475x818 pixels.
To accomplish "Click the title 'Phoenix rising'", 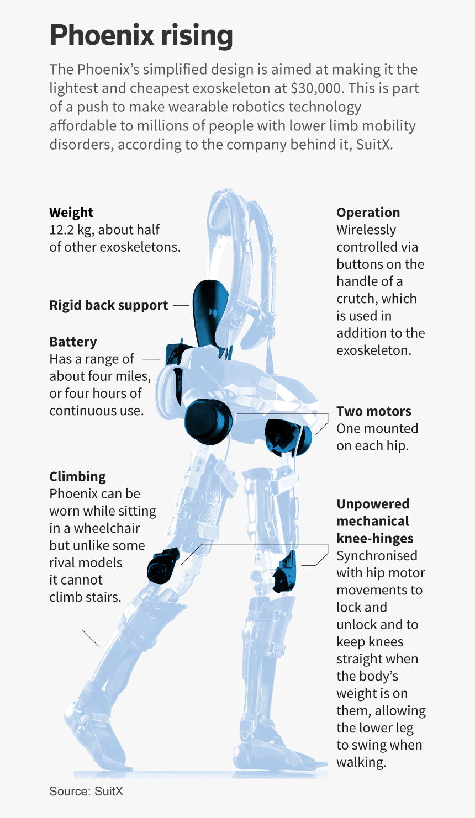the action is (141, 35).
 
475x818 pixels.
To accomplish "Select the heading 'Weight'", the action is (71, 212).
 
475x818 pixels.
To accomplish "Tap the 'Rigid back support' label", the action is (108, 305).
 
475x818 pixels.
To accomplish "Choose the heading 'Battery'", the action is (73, 342).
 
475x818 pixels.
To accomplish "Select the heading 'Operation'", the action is (368, 212).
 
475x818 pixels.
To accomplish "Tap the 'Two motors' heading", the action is (374, 411).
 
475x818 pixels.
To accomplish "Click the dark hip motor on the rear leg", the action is (208, 422).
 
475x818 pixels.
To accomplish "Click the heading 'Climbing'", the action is (77, 476).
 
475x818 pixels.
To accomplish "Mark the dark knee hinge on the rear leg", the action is (163, 566).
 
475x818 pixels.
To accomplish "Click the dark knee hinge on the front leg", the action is (285, 572).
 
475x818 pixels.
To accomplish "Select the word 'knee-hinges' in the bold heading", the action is (375, 538).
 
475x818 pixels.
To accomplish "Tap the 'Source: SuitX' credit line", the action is (86, 791).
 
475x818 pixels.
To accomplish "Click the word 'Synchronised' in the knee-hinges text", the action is (377, 555).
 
